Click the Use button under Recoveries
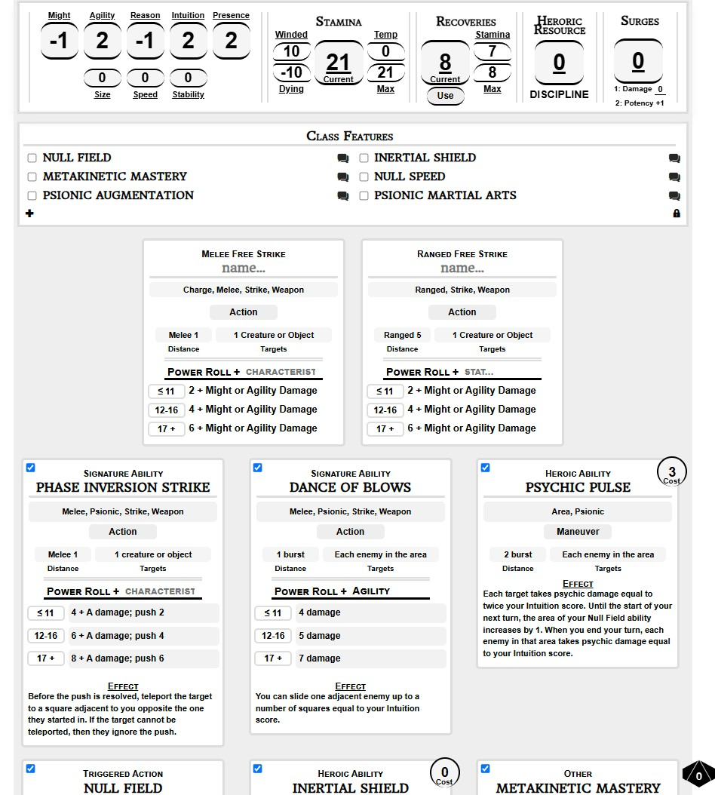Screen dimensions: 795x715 tap(445, 96)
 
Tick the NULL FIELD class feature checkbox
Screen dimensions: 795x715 tap(32, 158)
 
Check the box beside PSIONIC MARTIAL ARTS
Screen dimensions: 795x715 tap(364, 195)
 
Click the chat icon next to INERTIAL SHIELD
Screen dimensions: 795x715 tap(674, 158)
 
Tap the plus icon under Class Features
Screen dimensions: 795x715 tap(29, 213)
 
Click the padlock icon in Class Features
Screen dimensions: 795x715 tap(676, 213)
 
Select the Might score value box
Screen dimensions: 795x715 tap(59, 41)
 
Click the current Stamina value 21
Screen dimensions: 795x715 tap(338, 63)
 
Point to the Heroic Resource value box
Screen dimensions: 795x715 tap(559, 63)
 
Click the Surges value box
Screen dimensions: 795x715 tap(638, 60)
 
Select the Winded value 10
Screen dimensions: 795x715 tap(291, 51)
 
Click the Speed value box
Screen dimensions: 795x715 tap(145, 78)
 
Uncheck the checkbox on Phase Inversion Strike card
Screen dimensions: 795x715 tap(30, 468)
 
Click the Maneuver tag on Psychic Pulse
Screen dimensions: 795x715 tap(578, 532)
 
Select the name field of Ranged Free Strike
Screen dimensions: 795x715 tap(462, 269)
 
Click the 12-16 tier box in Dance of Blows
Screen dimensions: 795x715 tap(273, 636)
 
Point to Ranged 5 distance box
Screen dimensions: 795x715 tap(402, 335)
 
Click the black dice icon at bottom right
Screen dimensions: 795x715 tap(698, 775)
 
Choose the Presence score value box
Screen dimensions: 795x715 tap(231, 41)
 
